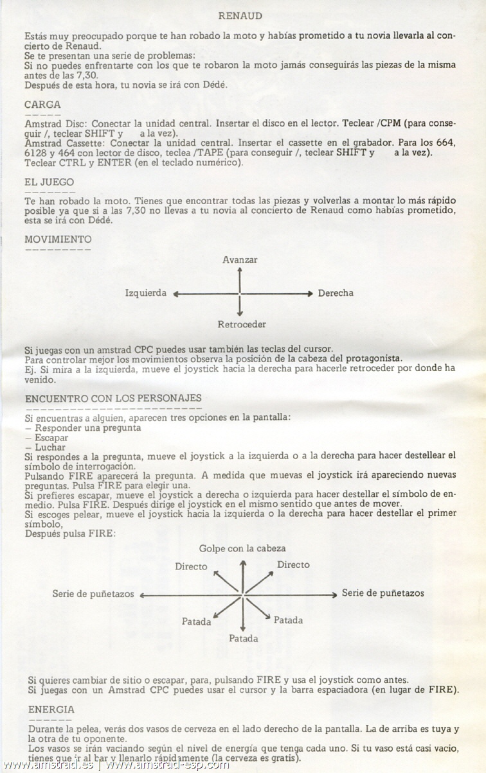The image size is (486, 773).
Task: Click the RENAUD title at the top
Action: tap(240, 15)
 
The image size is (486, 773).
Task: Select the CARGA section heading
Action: tap(42, 104)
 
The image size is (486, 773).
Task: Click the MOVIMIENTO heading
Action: tap(58, 239)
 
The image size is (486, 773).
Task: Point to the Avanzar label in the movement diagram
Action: tap(240, 259)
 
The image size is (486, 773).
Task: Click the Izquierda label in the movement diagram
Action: tap(146, 293)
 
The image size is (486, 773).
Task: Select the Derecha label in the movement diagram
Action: tap(336, 293)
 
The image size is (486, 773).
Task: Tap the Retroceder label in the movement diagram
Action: tap(242, 324)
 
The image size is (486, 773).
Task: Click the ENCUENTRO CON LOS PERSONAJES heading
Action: tap(113, 399)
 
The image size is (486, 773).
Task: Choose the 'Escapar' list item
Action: tap(51, 438)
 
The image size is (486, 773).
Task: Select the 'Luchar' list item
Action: tap(50, 447)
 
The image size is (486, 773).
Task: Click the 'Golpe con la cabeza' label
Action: tap(242, 548)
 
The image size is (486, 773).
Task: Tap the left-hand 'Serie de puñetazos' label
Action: tap(93, 594)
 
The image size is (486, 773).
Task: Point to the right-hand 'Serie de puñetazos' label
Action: tap(382, 593)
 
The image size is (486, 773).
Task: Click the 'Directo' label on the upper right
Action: tap(293, 565)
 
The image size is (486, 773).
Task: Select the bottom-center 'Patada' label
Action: tap(244, 638)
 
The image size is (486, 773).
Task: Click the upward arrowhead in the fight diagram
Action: tap(243, 563)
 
